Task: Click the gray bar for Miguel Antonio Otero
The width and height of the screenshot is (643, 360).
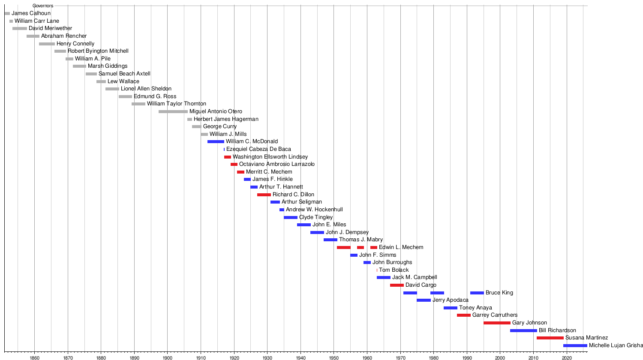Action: pos(173,111)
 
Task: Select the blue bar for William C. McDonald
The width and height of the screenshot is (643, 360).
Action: pos(216,141)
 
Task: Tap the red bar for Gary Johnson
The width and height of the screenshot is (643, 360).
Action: pos(497,323)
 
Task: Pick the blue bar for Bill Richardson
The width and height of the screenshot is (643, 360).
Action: pos(523,330)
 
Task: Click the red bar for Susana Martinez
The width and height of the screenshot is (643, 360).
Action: pos(550,338)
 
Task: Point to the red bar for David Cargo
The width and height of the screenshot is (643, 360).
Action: pos(397,285)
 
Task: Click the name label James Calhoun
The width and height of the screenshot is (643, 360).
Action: pos(31,13)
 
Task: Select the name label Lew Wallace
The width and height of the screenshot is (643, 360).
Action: pos(123,81)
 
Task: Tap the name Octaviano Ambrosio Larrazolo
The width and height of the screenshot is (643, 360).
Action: pos(277,164)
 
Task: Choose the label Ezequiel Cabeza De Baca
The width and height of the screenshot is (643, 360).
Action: pos(258,149)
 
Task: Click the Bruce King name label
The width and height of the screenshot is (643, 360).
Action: pos(499,293)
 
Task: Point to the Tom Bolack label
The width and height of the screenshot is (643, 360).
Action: pos(394,270)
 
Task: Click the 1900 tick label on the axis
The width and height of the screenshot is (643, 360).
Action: pos(167,357)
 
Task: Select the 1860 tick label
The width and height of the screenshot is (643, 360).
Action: pos(34,357)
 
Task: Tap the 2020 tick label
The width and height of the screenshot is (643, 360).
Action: pos(567,357)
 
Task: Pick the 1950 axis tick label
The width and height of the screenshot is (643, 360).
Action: pos(334,357)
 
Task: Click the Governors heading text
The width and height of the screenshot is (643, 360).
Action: pos(43,6)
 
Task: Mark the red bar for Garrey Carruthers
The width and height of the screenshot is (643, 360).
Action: pos(464,315)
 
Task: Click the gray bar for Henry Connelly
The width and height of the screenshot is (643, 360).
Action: pos(47,44)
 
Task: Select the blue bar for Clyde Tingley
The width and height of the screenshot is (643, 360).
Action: pos(290,217)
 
